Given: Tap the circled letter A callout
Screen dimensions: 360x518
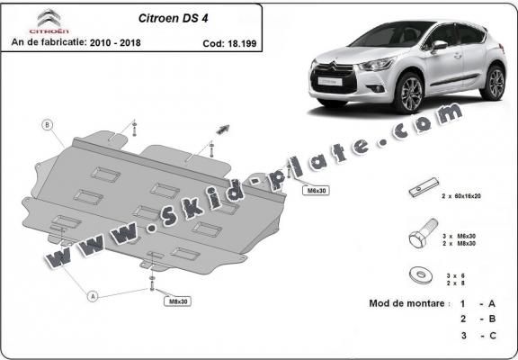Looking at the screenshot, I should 92,293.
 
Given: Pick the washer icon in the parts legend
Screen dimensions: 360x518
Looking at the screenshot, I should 419,275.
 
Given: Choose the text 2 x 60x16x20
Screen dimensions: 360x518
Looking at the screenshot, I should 464,195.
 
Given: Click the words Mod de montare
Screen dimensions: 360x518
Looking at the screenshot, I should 407,304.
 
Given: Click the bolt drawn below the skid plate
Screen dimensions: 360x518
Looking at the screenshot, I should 151,283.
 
